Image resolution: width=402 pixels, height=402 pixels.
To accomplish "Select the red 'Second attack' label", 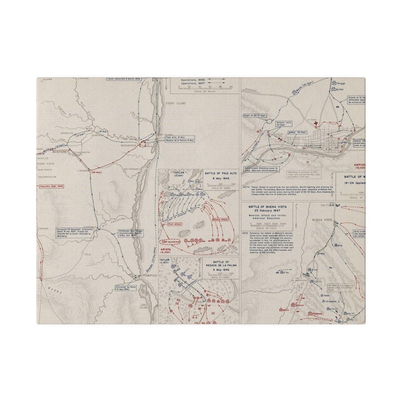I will [x=220, y=220].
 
